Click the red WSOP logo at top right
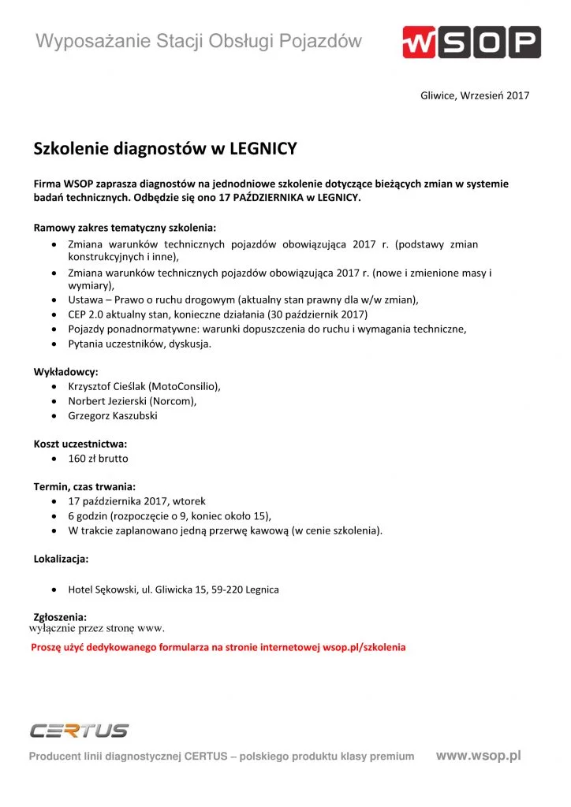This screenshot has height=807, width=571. coord(471,42)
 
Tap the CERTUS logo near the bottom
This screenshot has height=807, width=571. coord(79,731)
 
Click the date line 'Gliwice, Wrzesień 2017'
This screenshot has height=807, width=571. coord(475,95)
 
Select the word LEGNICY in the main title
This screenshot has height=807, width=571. coord(263,148)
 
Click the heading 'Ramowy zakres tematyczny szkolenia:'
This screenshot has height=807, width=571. coord(125,228)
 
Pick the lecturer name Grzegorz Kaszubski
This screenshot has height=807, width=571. coord(113,415)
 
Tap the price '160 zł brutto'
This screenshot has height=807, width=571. coord(98,458)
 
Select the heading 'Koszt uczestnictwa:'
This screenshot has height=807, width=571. coord(80,444)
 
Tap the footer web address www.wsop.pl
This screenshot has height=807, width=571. coord(478,755)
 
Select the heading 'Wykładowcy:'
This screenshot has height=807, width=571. coord(65,372)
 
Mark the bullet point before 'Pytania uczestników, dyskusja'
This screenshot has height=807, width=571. coord(53,344)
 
